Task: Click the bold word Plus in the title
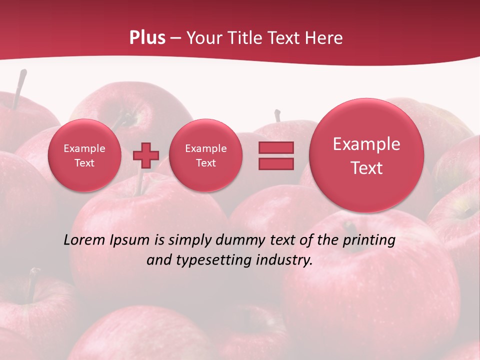pyautogui.click(x=147, y=38)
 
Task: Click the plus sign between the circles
pyautogui.click(x=146, y=155)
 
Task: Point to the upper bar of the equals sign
pyautogui.click(x=276, y=147)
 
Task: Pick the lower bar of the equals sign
pyautogui.click(x=276, y=163)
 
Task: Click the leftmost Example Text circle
pyautogui.click(x=84, y=155)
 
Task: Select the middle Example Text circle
pyautogui.click(x=205, y=155)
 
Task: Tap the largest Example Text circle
pyautogui.click(x=366, y=155)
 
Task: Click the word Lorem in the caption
pyautogui.click(x=84, y=240)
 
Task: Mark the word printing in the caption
pyautogui.click(x=369, y=240)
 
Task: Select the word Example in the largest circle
pyautogui.click(x=366, y=144)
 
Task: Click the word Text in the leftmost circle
pyautogui.click(x=84, y=163)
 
